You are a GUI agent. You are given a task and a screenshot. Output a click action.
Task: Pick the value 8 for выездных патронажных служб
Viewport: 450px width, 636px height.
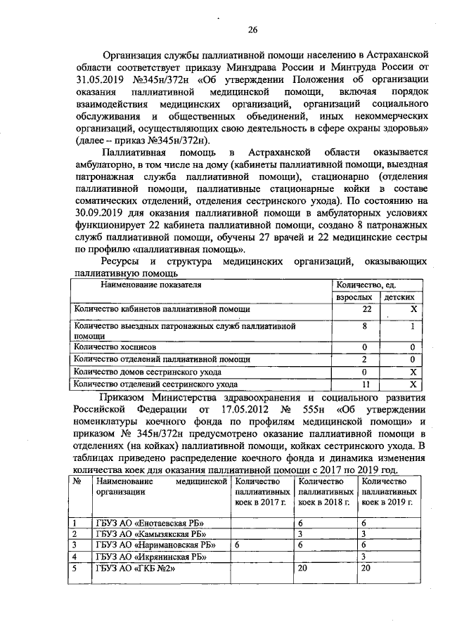pos(365,327)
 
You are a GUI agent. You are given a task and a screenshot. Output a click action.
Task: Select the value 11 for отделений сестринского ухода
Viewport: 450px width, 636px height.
pos(366,384)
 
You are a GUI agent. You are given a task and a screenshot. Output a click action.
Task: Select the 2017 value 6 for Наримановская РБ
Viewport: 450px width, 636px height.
pos(238,545)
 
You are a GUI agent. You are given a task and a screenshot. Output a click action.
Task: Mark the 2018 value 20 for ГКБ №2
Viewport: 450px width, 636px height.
pos(304,569)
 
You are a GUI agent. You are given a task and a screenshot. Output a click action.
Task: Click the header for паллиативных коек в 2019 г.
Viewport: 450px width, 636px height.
pos(387,492)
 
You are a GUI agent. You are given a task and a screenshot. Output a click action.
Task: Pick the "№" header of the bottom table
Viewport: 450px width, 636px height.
pos(77,481)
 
